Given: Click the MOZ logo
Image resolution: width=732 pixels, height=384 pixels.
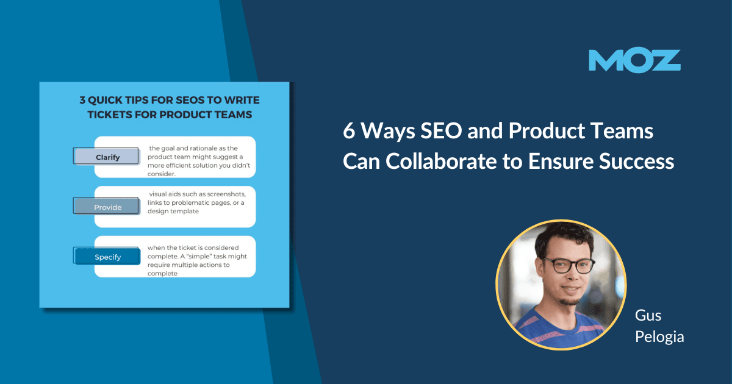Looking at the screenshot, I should point(634,61).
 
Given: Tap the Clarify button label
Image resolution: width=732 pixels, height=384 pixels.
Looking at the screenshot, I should point(107,157).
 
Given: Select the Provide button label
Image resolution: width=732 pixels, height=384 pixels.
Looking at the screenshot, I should point(107,207).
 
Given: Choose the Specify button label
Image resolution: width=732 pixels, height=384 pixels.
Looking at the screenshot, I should point(107,257).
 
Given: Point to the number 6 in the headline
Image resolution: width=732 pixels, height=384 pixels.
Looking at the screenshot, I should point(349,132).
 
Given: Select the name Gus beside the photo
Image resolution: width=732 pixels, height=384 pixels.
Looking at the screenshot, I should point(648,316).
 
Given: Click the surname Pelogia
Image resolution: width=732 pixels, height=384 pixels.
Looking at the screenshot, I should point(659,336).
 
